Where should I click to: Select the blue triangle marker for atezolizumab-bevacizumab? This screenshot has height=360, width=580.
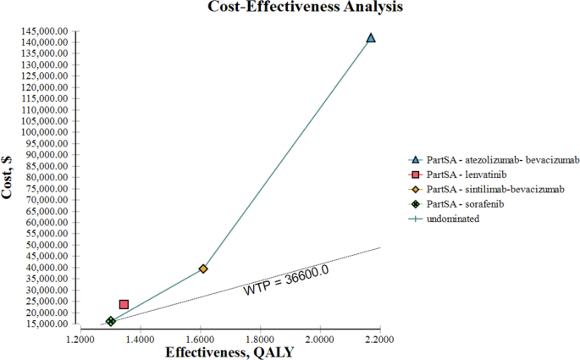(x=370, y=38)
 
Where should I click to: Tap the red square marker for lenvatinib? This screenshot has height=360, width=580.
(x=124, y=304)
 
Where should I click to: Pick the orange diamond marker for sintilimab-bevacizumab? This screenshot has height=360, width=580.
(x=203, y=269)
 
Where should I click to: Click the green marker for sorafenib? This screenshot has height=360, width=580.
(x=111, y=321)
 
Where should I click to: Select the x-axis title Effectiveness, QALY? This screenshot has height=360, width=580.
(x=229, y=352)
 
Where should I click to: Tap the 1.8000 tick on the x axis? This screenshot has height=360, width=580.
(x=260, y=339)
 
